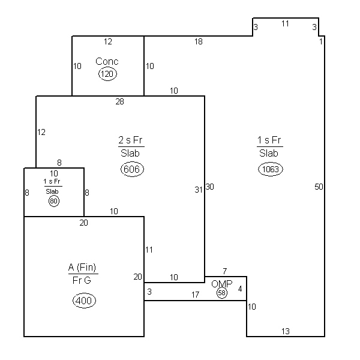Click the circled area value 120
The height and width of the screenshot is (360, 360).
(x=107, y=74)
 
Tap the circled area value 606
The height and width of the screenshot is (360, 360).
(x=132, y=169)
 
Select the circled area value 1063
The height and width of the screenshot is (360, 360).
(x=271, y=169)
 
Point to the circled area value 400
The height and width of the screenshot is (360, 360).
(x=84, y=301)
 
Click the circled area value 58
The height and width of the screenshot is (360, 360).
(x=222, y=293)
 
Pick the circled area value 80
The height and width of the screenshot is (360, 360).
(x=54, y=201)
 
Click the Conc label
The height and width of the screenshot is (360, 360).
(x=107, y=61)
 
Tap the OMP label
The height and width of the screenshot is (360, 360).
(x=222, y=284)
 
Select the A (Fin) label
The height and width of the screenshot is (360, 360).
(x=82, y=267)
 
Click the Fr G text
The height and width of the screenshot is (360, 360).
(x=82, y=280)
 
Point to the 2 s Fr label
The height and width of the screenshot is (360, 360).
(x=130, y=140)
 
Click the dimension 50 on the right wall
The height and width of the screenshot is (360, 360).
(x=319, y=187)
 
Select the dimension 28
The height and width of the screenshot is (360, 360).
(x=119, y=101)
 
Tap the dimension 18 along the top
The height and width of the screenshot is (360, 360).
(x=199, y=41)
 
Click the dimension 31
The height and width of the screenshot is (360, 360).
(x=199, y=190)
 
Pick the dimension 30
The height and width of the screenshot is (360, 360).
(x=209, y=187)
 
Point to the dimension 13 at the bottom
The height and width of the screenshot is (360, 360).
(x=286, y=331)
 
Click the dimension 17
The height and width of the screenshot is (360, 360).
(x=195, y=295)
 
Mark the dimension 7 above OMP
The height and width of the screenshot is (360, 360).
(x=225, y=271)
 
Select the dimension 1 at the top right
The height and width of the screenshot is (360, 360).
(x=321, y=41)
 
